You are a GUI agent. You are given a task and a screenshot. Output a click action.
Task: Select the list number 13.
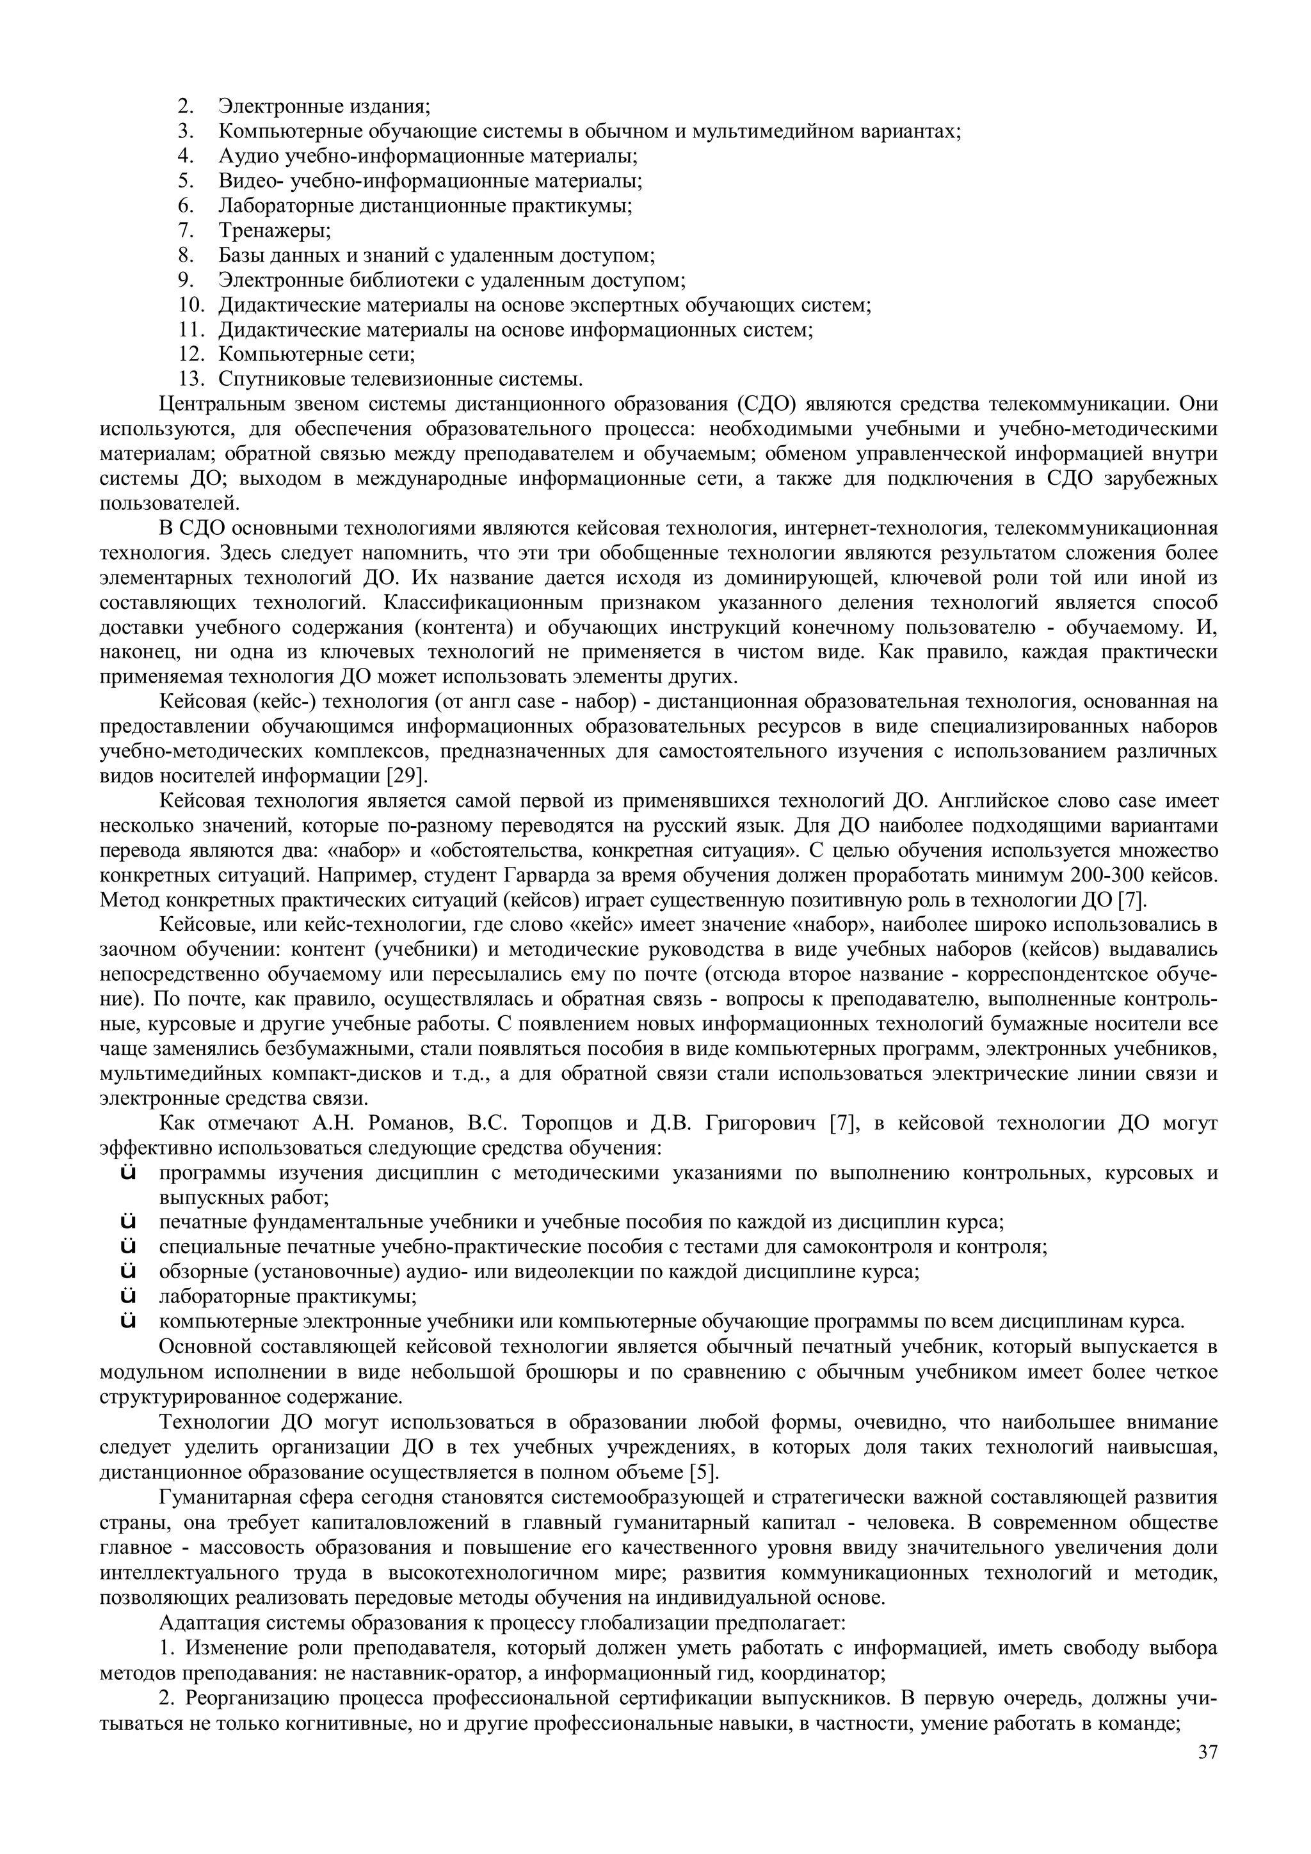(x=191, y=379)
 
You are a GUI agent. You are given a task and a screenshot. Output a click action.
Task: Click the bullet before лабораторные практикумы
(x=127, y=1297)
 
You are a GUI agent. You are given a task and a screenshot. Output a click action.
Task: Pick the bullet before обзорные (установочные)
(x=127, y=1272)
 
